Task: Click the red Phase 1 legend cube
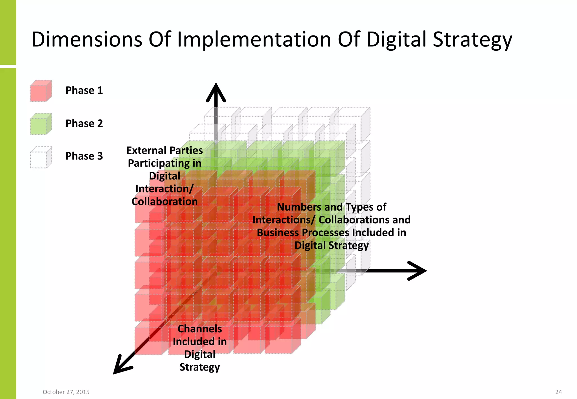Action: tap(41, 91)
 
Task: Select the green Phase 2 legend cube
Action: tap(41, 124)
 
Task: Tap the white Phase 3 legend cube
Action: tap(41, 157)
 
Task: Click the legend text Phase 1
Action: tap(84, 90)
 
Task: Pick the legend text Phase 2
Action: tap(84, 123)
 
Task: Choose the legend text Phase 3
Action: tap(84, 156)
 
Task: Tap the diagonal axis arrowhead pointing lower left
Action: tap(121, 366)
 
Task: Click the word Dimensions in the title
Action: tap(87, 39)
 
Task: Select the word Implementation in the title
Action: tap(254, 39)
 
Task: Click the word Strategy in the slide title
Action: tap(472, 39)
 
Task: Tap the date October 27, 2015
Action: tap(66, 392)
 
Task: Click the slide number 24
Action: tap(558, 392)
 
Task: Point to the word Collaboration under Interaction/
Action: tap(165, 201)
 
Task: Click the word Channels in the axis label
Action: tap(200, 329)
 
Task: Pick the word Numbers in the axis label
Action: tap(299, 207)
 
